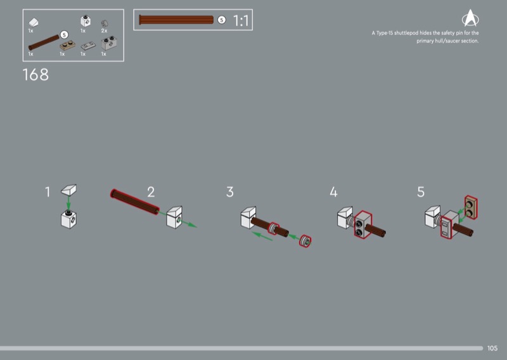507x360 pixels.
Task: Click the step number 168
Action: (x=35, y=75)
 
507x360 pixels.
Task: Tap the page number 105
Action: (x=492, y=348)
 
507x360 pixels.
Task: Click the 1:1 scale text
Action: (x=241, y=21)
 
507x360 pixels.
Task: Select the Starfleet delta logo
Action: (x=470, y=18)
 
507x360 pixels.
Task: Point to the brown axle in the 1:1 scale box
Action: (x=176, y=20)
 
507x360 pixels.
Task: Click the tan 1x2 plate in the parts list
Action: (x=67, y=45)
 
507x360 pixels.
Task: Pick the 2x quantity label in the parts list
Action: (x=104, y=30)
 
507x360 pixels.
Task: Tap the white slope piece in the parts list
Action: (x=34, y=22)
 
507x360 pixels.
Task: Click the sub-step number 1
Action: (x=48, y=192)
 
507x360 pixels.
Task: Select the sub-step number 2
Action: (x=151, y=192)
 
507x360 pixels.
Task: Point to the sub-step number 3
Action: (x=230, y=192)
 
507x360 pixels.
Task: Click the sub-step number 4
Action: (x=334, y=192)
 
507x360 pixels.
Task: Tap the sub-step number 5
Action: (x=421, y=192)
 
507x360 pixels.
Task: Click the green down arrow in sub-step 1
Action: (x=68, y=203)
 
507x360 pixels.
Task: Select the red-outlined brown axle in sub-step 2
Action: (x=134, y=202)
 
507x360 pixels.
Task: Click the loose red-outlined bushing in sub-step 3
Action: (x=305, y=241)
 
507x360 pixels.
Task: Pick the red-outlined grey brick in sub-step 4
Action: (x=363, y=224)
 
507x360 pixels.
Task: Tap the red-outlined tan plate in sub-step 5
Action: (x=471, y=207)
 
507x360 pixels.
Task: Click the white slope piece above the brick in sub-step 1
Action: (x=69, y=190)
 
